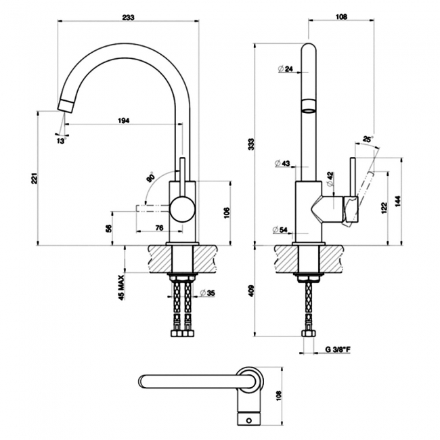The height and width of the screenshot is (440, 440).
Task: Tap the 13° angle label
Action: click(61, 141)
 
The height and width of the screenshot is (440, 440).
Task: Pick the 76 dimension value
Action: click(159, 227)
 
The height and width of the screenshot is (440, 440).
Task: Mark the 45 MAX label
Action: click(121, 286)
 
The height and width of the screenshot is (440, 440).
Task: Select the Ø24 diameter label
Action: click(284, 68)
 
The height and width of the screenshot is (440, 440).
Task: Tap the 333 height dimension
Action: click(251, 143)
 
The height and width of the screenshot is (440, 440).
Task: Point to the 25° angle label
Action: click(368, 139)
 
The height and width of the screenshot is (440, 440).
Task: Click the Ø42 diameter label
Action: click(330, 175)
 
